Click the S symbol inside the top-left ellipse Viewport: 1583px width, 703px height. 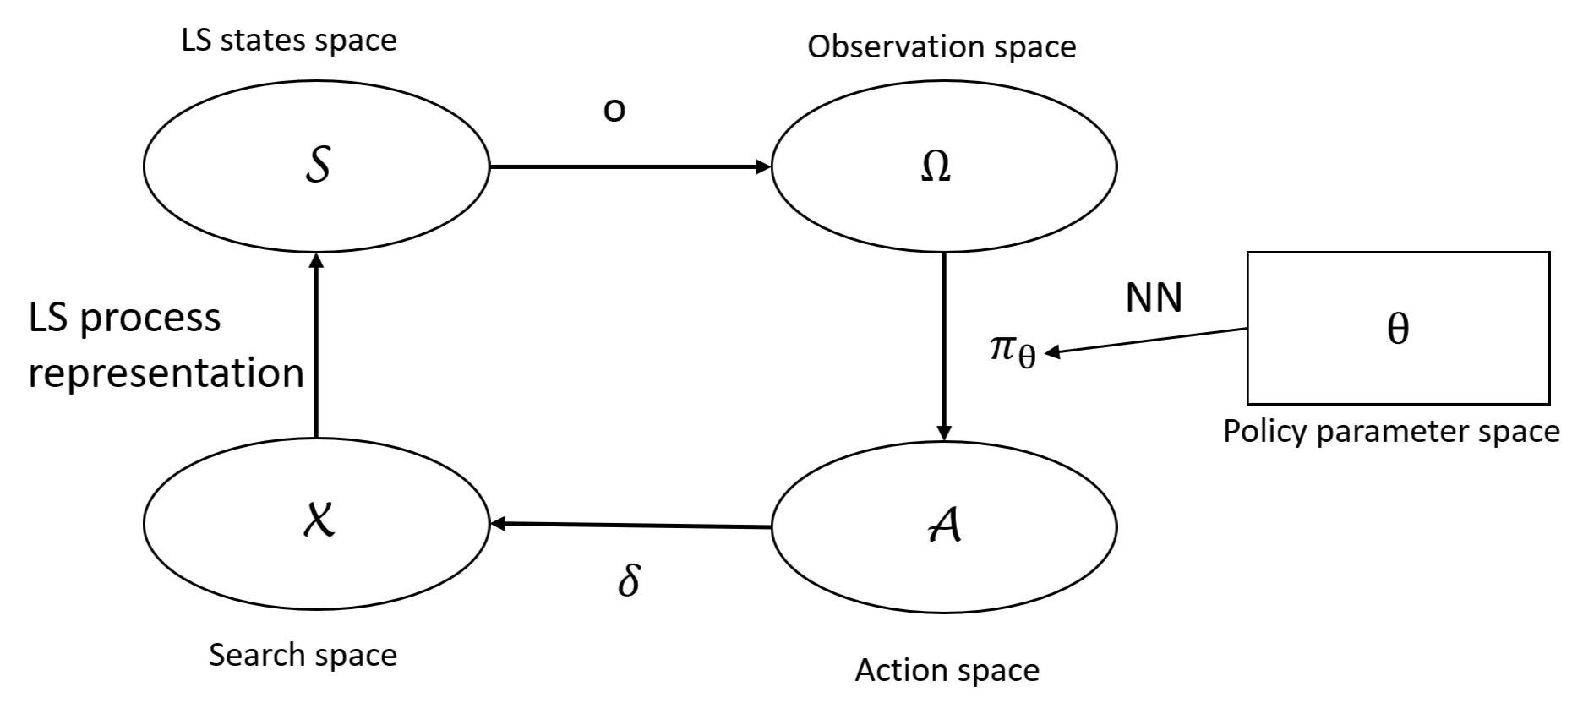[317, 165]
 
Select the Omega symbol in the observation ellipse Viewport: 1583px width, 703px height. [935, 166]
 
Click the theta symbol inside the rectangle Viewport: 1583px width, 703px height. [1398, 328]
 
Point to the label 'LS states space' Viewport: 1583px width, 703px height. [289, 40]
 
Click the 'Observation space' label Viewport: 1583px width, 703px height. [942, 46]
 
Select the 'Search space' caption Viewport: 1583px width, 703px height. [303, 655]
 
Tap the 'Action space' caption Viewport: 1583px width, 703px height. [947, 670]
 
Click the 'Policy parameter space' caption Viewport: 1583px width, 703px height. [1391, 432]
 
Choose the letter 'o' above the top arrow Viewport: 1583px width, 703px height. [614, 110]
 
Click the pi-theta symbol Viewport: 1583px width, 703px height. [1012, 350]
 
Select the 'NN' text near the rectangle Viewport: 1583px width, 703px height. [1154, 297]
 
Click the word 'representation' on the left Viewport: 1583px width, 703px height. [166, 373]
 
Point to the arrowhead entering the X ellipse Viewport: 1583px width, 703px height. [499, 524]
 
